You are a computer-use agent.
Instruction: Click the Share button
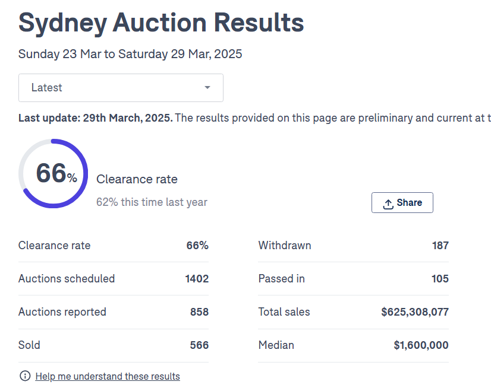[402, 203]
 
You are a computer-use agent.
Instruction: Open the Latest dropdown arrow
[207, 88]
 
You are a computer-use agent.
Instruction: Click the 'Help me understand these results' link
[108, 376]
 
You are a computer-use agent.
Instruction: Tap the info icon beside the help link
[25, 376]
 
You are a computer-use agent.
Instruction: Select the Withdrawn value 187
[440, 246]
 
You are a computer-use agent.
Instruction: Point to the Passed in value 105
[440, 279]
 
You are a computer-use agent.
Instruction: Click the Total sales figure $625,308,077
[415, 312]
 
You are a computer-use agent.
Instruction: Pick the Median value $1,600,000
[421, 345]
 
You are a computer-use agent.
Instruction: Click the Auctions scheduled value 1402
[197, 279]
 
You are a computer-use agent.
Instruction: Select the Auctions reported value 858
[199, 312]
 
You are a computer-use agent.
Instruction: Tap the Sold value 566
[199, 345]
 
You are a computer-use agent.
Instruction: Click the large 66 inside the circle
[51, 173]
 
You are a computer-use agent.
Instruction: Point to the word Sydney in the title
[61, 23]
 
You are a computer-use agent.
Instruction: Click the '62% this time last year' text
[152, 202]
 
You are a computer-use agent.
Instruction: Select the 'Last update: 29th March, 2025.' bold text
[96, 118]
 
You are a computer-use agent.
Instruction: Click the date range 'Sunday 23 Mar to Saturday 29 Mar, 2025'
[130, 54]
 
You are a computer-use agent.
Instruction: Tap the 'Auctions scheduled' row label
[67, 279]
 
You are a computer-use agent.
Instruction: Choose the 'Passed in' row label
[281, 279]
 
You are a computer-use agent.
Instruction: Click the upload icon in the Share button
[388, 204]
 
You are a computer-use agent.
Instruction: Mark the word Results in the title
[259, 23]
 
